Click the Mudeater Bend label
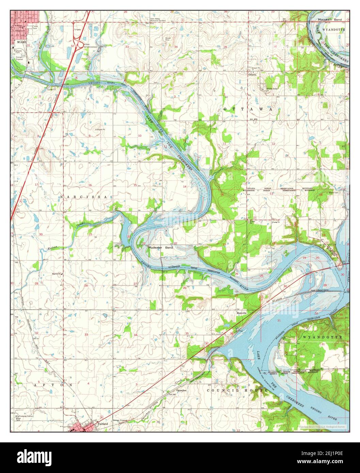tap(160, 248)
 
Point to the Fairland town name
tap(102, 424)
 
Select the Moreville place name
tap(241, 313)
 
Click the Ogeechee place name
tap(180, 390)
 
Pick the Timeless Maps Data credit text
tap(322, 427)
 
